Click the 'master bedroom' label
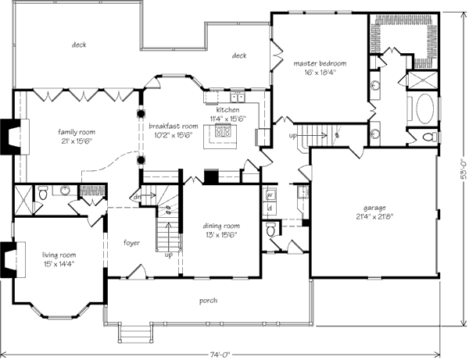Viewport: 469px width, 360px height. point(320,63)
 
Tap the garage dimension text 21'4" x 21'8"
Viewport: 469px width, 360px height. point(374,216)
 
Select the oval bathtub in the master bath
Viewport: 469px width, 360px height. point(424,109)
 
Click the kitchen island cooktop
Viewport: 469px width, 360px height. point(223,131)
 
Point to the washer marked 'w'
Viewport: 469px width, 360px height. point(270,194)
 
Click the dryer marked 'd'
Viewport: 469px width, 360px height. point(270,209)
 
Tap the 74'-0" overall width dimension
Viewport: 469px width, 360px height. point(220,355)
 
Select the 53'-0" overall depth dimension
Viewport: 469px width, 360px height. point(464,169)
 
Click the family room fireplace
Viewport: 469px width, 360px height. point(14,137)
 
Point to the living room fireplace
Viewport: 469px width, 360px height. point(13,260)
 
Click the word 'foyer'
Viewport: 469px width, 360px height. point(131,243)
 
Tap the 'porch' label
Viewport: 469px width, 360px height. point(208,301)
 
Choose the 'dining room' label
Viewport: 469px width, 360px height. point(221,226)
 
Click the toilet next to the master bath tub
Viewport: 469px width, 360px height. point(430,137)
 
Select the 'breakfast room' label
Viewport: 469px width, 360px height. point(174,126)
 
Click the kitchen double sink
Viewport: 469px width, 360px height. point(238,97)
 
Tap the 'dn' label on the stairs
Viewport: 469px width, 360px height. point(137,197)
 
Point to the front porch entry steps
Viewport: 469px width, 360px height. point(134,333)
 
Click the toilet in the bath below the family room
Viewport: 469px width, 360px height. point(43,194)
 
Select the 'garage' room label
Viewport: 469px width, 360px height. point(374,208)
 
